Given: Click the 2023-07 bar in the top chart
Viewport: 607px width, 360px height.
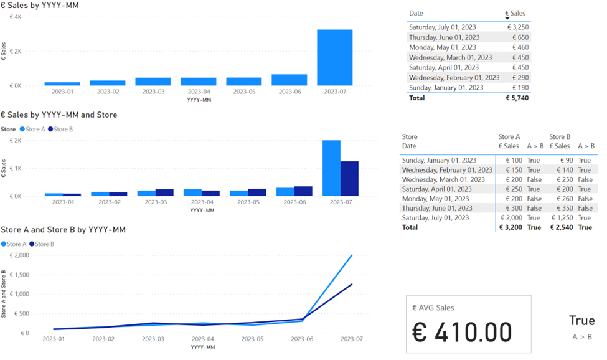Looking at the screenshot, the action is [x=334, y=57].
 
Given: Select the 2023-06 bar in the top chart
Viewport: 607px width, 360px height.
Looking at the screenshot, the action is [x=289, y=80].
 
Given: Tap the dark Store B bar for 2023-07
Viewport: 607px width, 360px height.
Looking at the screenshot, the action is [x=349, y=179].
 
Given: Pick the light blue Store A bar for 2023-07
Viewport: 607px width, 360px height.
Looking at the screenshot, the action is [x=331, y=168].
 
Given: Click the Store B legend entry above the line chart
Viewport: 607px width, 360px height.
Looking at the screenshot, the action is [x=42, y=244].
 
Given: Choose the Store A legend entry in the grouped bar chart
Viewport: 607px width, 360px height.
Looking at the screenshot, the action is [x=32, y=130].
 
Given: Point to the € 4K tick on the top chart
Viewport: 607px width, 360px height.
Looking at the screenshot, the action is [x=16, y=17].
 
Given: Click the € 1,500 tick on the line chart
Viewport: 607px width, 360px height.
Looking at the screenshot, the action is [x=19, y=275].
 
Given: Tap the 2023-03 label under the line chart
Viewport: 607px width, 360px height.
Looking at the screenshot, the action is [x=153, y=339].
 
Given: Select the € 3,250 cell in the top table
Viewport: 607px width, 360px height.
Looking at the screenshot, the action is [x=518, y=27].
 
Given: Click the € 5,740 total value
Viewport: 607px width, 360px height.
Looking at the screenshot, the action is [x=517, y=98].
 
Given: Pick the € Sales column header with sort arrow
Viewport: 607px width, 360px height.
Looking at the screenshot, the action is [x=515, y=14].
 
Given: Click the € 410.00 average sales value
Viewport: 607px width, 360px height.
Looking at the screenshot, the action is [x=462, y=332].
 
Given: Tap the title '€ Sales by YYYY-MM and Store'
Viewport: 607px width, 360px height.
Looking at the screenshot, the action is [x=59, y=115].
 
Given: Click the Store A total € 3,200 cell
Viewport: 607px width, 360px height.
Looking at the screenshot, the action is [x=511, y=227].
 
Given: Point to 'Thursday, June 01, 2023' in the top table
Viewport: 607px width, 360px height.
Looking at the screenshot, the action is [x=444, y=37].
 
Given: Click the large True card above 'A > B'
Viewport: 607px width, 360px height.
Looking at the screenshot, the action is [x=582, y=321].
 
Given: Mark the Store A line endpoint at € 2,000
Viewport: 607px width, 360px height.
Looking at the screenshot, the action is [x=352, y=255].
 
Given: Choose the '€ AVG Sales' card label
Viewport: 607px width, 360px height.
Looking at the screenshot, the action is [x=433, y=308].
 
